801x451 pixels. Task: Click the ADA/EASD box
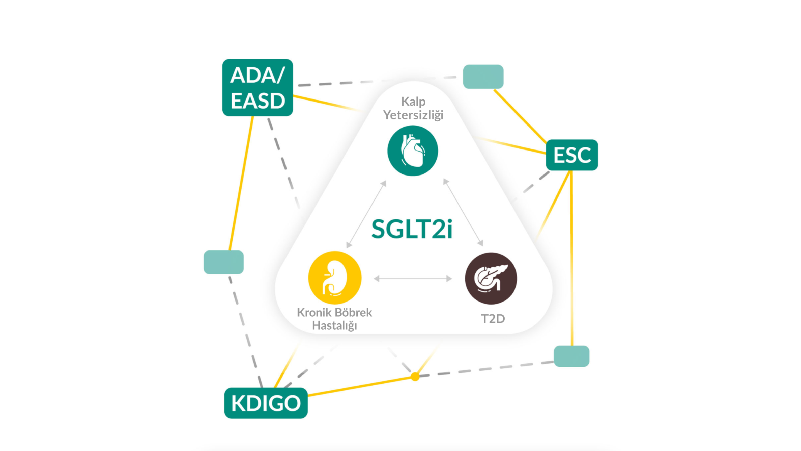tap(258, 87)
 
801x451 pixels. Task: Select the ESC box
tap(572, 155)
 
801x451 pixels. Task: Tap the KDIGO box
tap(266, 403)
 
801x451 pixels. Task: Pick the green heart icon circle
tap(413, 151)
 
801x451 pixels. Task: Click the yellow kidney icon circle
tap(335, 278)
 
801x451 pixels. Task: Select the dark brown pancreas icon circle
tap(491, 278)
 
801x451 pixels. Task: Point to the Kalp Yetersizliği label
tap(413, 108)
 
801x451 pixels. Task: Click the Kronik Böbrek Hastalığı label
tap(335, 318)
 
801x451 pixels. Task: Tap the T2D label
tap(493, 319)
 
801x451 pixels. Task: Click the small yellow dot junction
tap(415, 377)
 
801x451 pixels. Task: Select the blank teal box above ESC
tap(483, 77)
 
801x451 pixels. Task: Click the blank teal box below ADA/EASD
tap(223, 262)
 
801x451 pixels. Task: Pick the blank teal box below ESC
tap(571, 356)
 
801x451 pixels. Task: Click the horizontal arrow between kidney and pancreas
tap(413, 279)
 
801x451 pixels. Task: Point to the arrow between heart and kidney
tap(366, 214)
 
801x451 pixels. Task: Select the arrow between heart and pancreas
tap(463, 213)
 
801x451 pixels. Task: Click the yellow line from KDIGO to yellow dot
tap(361, 386)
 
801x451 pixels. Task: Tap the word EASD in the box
tap(258, 101)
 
